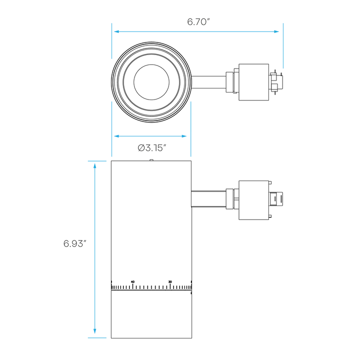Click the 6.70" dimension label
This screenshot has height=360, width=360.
[198, 22]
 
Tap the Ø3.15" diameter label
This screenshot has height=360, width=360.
[152, 148]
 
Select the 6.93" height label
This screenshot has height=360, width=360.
[74, 243]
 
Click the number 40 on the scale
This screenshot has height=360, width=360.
[132, 281]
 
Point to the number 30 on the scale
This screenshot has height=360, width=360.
[170, 281]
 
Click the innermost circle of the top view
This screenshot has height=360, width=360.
[151, 64]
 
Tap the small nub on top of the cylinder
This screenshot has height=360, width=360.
[151, 160]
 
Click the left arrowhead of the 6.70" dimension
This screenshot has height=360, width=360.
[116, 31]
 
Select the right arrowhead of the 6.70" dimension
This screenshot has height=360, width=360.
[276, 31]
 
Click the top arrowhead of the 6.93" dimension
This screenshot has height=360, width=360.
[94, 166]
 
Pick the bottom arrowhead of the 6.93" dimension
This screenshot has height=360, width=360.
[94, 331]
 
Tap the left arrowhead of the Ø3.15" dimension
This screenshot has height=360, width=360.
[116, 136]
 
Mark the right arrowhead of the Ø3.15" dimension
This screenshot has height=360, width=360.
[184, 136]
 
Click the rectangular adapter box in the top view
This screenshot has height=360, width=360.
[253, 82]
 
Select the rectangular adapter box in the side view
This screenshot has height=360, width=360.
[253, 200]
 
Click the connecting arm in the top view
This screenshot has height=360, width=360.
[208, 82]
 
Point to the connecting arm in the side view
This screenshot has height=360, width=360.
[208, 199]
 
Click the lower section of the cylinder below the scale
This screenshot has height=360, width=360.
[151, 314]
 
